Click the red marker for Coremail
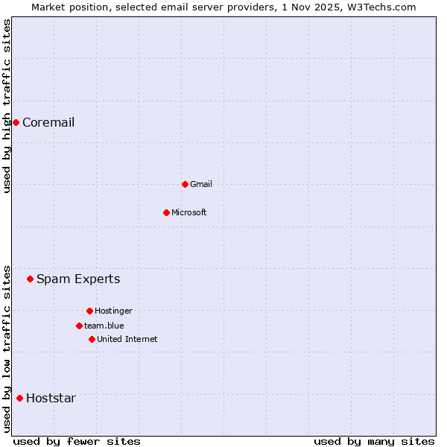click(16, 122)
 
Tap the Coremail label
click(48, 123)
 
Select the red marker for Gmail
click(185, 184)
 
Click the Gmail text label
click(201, 184)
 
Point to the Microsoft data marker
click(166, 212)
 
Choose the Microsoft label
click(188, 212)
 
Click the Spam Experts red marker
click(30, 279)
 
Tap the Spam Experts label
click(78, 279)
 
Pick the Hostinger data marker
click(89, 311)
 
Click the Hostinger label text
click(113, 311)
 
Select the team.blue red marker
click(79, 326)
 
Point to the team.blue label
click(104, 326)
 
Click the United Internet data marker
click(92, 339)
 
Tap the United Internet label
click(127, 339)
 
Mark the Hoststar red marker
click(19, 398)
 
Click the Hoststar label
click(51, 398)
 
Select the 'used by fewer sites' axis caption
click(77, 441)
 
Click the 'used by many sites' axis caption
click(374, 441)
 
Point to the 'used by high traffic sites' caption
click(7, 106)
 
